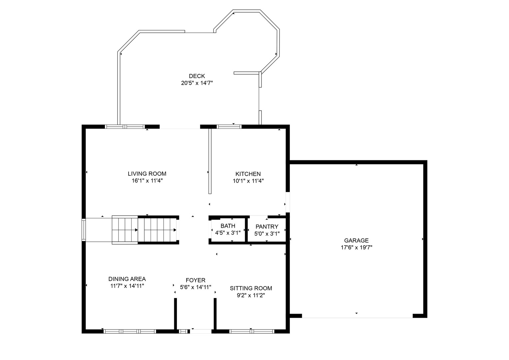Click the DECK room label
pos(197,76)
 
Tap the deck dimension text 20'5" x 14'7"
pos(197,83)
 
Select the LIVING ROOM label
pos(147,174)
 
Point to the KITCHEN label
pos(248,174)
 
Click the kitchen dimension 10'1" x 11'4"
pos(248,181)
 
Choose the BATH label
pos(228,226)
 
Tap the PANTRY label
pos(267,227)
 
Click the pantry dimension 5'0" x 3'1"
pos(267,234)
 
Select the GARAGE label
pos(356,240)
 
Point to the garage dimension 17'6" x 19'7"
pos(356,248)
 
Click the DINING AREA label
pos(127,279)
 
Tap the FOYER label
pos(196,280)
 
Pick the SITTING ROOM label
pos(251,288)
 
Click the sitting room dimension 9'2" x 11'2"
pos(251,295)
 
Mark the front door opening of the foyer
pos(201,331)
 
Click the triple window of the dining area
pos(130,331)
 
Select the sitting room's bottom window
pos(252,331)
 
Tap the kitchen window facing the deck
pos(229,127)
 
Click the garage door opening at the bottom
pos(357,316)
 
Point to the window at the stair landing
pos(84,230)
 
